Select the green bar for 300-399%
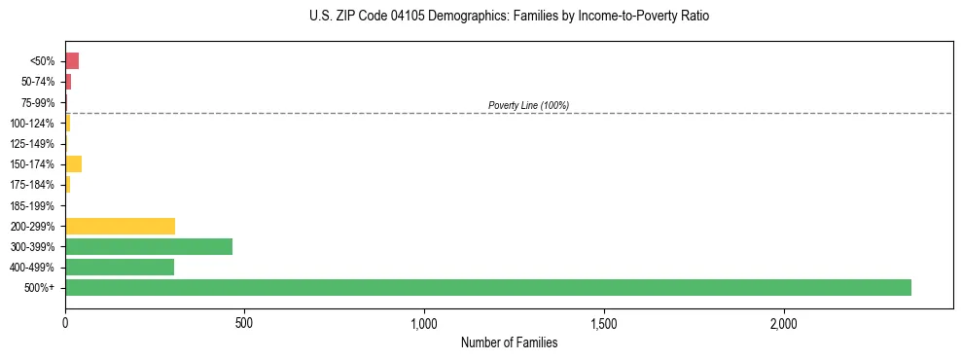tap(149, 246)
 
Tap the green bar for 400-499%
tap(120, 267)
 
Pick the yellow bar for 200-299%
tap(120, 226)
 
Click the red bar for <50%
tap(72, 60)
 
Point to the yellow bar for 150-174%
tap(73, 163)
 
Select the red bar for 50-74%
tap(68, 82)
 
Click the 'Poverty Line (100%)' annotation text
tap(528, 105)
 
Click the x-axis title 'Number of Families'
tap(509, 342)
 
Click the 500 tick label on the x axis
tap(245, 323)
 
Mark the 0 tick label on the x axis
tap(65, 323)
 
